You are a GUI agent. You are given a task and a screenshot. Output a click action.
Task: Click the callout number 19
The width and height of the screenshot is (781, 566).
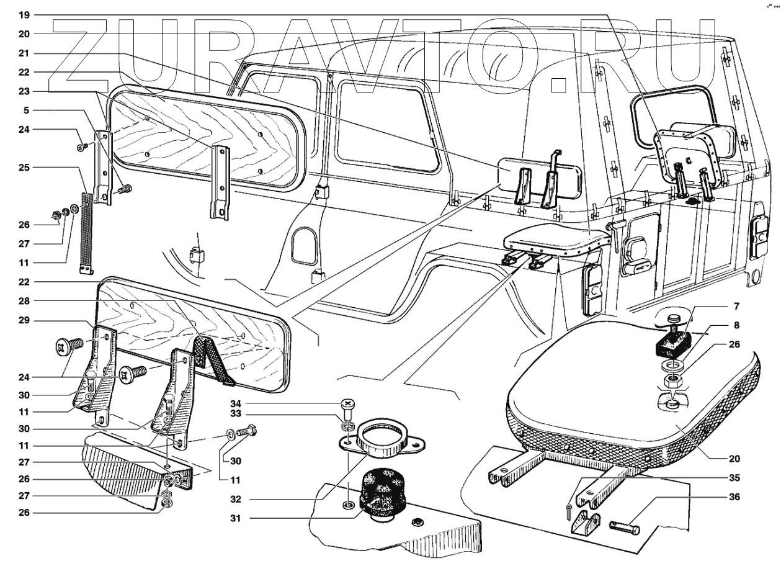(x=24, y=15)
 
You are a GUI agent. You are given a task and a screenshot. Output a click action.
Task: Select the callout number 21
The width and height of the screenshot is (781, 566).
(x=24, y=53)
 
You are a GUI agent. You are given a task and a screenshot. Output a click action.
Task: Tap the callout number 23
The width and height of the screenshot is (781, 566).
(x=24, y=91)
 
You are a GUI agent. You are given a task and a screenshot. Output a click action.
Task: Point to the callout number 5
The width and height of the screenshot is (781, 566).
(x=26, y=110)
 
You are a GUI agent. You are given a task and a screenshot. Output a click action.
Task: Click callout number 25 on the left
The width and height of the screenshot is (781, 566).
(x=24, y=168)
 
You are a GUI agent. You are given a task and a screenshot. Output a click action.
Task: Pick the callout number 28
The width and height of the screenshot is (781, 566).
(x=24, y=301)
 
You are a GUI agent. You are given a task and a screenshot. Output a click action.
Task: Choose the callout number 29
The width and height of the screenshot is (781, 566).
(x=24, y=320)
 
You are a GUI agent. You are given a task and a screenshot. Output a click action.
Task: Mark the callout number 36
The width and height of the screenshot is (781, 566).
(x=734, y=496)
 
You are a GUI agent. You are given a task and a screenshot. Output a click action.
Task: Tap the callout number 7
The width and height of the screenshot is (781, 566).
(x=736, y=306)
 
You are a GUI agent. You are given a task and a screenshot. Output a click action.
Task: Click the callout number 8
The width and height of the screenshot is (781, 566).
(x=736, y=325)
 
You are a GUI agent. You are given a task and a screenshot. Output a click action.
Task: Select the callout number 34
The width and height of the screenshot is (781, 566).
(x=236, y=404)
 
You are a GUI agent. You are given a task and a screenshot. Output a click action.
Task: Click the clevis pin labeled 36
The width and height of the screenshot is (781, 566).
(x=625, y=528)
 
